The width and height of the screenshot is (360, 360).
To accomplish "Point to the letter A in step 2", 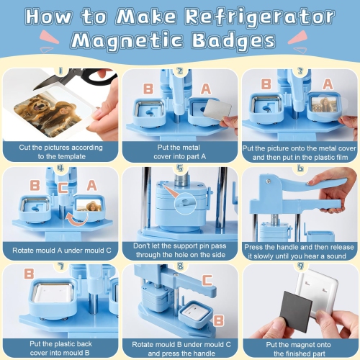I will tap(205, 88).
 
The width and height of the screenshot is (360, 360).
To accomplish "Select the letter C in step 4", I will tap(63, 189).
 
